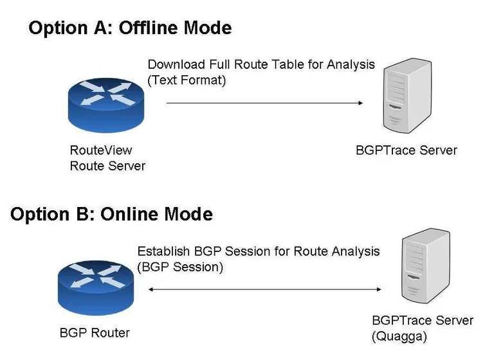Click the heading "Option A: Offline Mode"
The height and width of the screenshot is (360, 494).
(x=130, y=28)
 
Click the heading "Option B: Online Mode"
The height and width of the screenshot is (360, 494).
(x=111, y=214)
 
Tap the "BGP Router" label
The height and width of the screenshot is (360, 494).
(x=95, y=333)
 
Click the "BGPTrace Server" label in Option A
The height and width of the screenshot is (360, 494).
(x=406, y=150)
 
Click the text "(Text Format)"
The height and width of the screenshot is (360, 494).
(x=187, y=80)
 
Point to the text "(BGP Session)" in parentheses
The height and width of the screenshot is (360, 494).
(x=180, y=267)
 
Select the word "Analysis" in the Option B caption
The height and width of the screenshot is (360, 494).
(x=353, y=251)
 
